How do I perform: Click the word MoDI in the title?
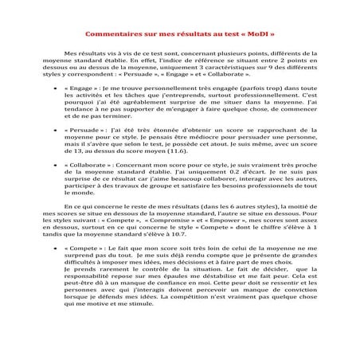pyautogui.click(x=256, y=36)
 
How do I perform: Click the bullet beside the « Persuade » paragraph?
pyautogui.click(x=53, y=150)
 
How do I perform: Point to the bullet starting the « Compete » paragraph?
pyautogui.click(x=53, y=272)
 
